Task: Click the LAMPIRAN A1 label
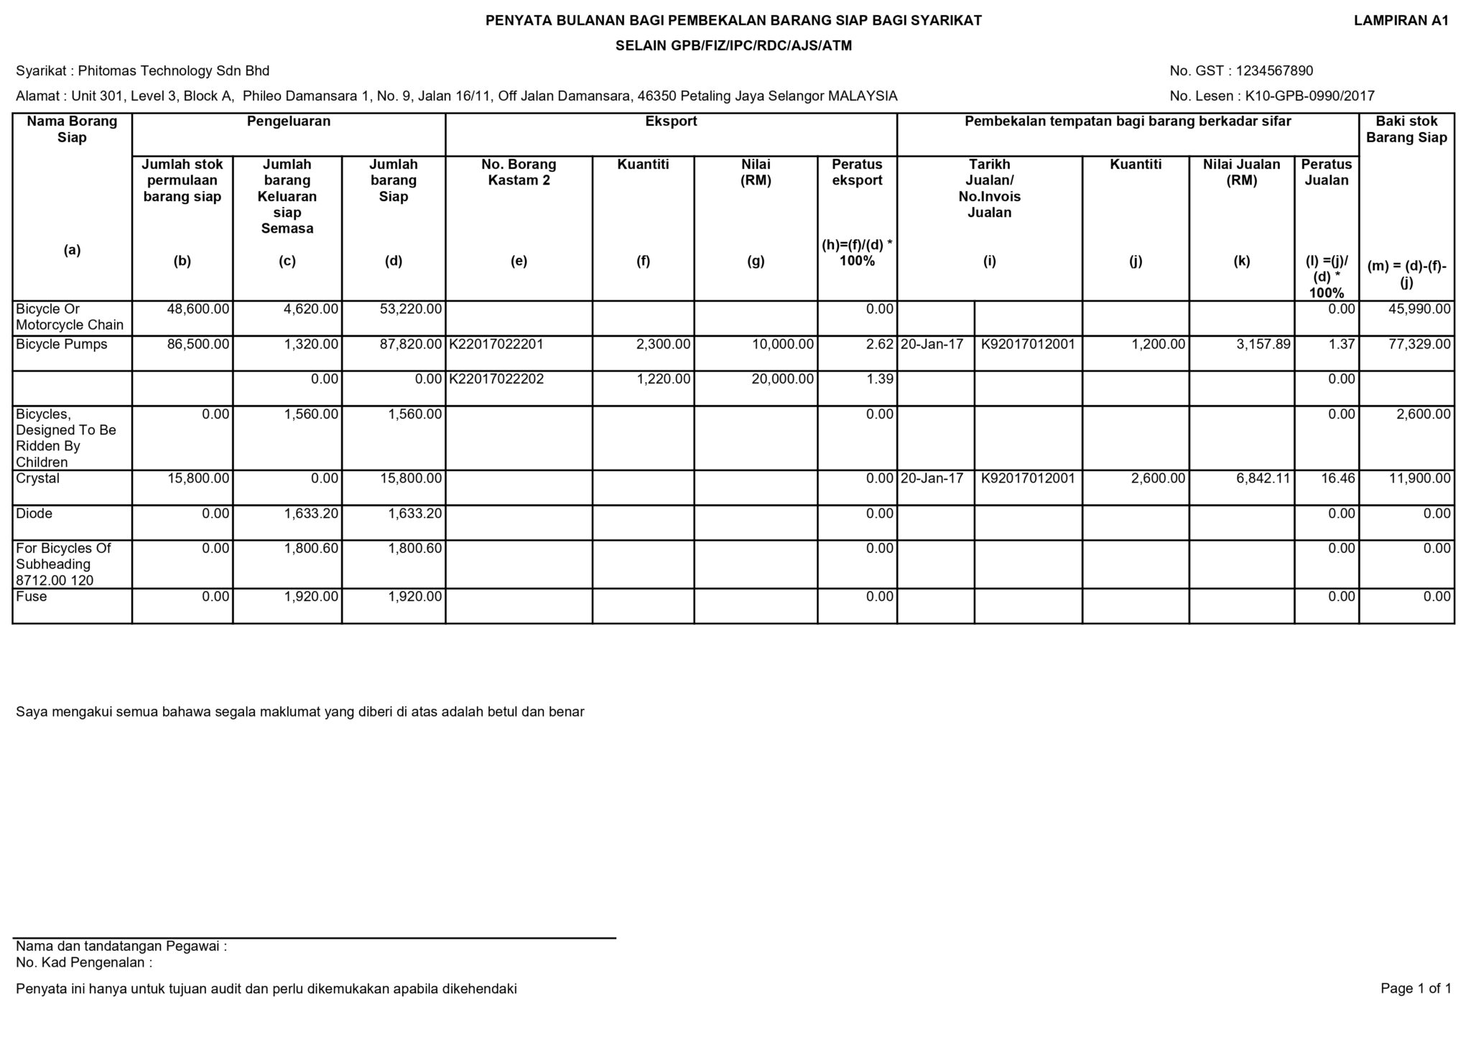point(1401,21)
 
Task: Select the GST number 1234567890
point(1274,71)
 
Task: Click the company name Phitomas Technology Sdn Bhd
point(173,71)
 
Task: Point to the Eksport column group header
point(671,121)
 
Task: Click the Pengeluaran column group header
point(289,121)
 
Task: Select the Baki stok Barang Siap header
point(1406,129)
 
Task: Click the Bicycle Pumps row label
point(62,345)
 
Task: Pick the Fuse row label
point(32,597)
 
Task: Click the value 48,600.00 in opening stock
point(198,310)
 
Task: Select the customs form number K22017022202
point(496,379)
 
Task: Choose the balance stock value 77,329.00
point(1420,345)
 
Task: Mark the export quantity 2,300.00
point(663,345)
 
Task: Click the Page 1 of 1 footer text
point(1415,989)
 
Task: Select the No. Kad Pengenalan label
point(84,963)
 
